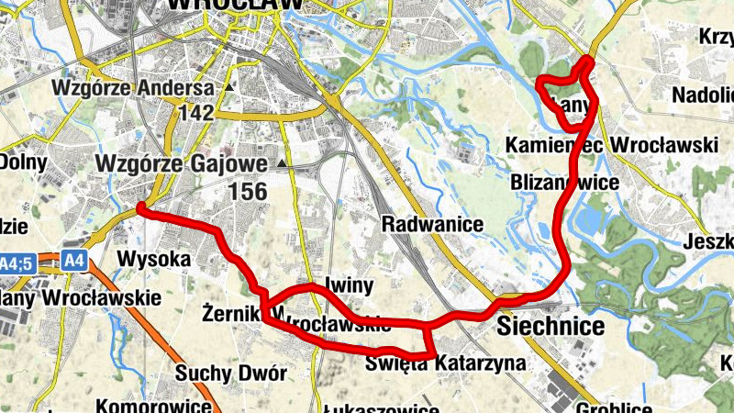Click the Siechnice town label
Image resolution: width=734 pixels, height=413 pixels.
click(x=550, y=327)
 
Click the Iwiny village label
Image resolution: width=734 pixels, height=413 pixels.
click(x=348, y=283)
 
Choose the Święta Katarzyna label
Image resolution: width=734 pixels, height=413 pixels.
click(x=445, y=363)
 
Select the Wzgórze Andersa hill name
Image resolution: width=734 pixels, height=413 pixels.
click(x=133, y=89)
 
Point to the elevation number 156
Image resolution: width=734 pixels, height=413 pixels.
click(x=248, y=192)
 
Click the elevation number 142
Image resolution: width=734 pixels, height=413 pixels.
click(x=196, y=114)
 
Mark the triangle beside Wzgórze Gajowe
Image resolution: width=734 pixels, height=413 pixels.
click(x=282, y=164)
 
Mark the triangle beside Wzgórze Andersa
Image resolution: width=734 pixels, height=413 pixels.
click(x=229, y=88)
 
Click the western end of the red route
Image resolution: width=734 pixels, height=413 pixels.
click(x=140, y=209)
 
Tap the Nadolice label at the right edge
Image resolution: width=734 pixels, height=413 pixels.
click(x=704, y=95)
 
